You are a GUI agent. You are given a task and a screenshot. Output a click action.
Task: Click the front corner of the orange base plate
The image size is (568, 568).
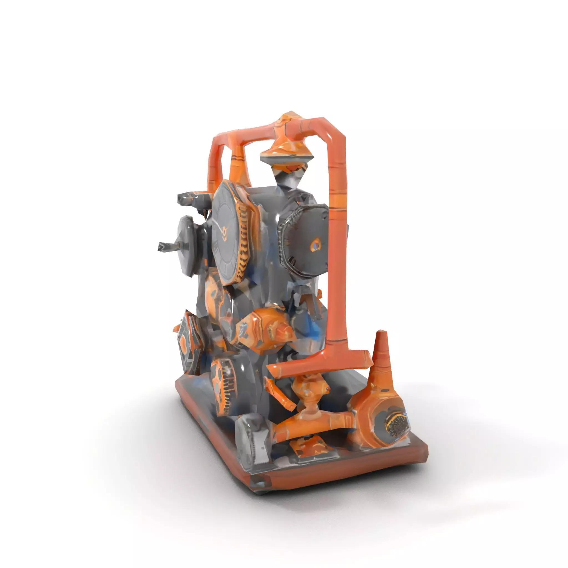pyautogui.click(x=259, y=486)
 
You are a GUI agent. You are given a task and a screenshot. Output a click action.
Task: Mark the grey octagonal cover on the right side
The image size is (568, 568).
pyautogui.click(x=303, y=241)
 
